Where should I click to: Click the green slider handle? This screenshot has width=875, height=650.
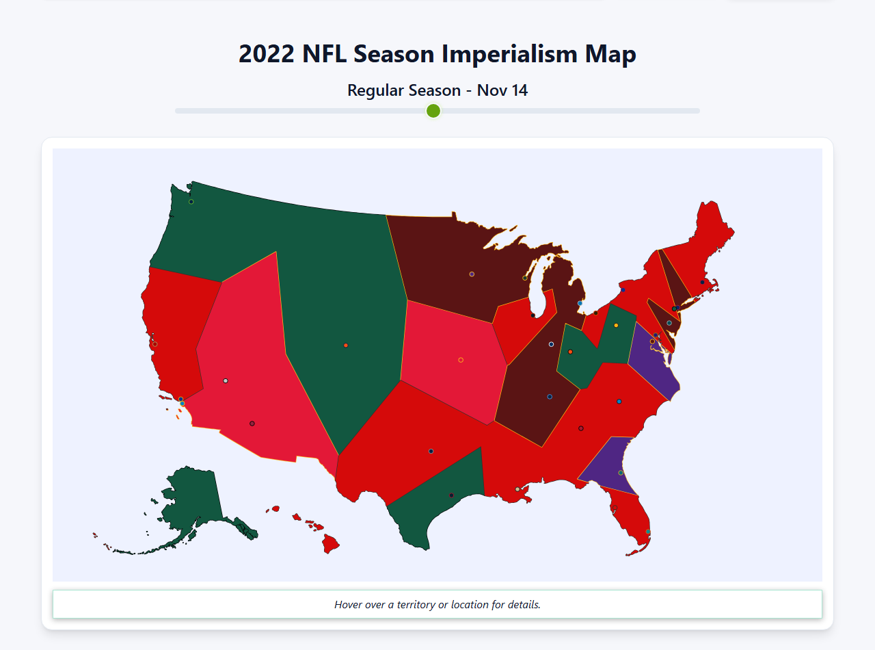click(x=433, y=111)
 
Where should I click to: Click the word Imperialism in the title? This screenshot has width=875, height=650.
click(x=512, y=54)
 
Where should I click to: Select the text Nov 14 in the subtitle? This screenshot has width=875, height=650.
click(x=502, y=90)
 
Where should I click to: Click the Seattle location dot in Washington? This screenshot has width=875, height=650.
click(x=191, y=201)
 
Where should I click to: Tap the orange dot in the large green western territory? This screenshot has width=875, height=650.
click(x=346, y=346)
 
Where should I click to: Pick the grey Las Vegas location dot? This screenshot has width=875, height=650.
click(x=226, y=380)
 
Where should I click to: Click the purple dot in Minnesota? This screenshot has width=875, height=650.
click(x=472, y=274)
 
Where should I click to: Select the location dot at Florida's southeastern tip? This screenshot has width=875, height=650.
click(x=648, y=532)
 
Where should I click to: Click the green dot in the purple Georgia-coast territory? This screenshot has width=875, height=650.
click(x=621, y=473)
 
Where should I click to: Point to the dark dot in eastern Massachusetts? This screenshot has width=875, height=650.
click(x=702, y=282)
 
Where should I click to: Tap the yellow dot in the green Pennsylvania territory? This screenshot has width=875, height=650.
click(x=616, y=325)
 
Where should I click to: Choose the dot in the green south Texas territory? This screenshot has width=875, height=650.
click(x=451, y=495)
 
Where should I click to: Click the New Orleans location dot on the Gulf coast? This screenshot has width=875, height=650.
click(x=517, y=489)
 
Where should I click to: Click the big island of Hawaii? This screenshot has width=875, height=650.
click(x=331, y=544)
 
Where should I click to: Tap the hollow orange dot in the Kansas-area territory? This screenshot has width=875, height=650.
click(x=461, y=360)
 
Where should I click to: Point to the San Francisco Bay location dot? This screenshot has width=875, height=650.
click(x=155, y=344)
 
